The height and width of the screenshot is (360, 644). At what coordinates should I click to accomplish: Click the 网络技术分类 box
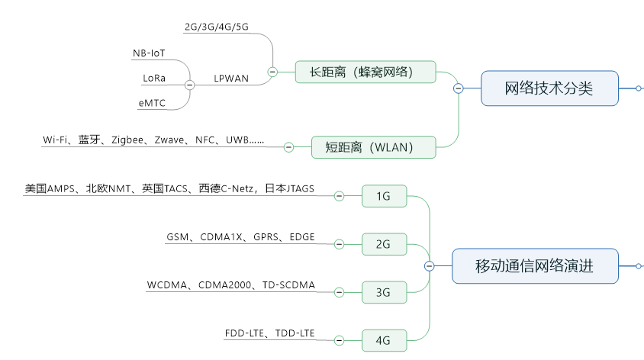pos(549,88)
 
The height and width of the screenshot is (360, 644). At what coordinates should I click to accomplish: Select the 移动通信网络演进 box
pos(535,266)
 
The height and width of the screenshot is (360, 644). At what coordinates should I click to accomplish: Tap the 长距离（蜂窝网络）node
pos(365,72)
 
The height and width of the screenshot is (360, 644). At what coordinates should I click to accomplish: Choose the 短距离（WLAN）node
pos(373,147)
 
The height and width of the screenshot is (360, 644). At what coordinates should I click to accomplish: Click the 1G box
pos(384,196)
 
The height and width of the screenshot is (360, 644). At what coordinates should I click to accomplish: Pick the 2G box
pos(384,244)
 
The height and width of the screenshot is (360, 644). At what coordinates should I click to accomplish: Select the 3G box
pos(384,292)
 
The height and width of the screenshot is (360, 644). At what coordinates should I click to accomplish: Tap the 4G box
pos(384,340)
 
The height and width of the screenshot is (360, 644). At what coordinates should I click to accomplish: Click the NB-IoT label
pos(149,53)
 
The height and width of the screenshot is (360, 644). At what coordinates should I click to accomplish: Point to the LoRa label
pos(154,78)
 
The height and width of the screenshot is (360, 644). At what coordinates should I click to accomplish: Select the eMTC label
pos(152,103)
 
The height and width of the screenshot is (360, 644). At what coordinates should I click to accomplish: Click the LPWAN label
pos(231,79)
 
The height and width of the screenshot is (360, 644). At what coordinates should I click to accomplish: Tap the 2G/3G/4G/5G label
pos(217,27)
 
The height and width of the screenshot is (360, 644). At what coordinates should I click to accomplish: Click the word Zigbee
pos(127,140)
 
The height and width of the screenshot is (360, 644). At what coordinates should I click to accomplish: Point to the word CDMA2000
pos(224,285)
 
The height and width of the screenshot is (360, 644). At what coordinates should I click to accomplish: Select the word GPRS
pos(266,237)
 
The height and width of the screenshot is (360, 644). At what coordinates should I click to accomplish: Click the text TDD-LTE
pos(295,333)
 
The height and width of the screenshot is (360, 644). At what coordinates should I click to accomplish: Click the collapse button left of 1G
pos(339,196)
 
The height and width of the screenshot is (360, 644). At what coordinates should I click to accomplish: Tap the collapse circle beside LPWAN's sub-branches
pos(189,85)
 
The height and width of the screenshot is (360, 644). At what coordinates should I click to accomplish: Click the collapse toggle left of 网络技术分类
pos(459,88)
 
